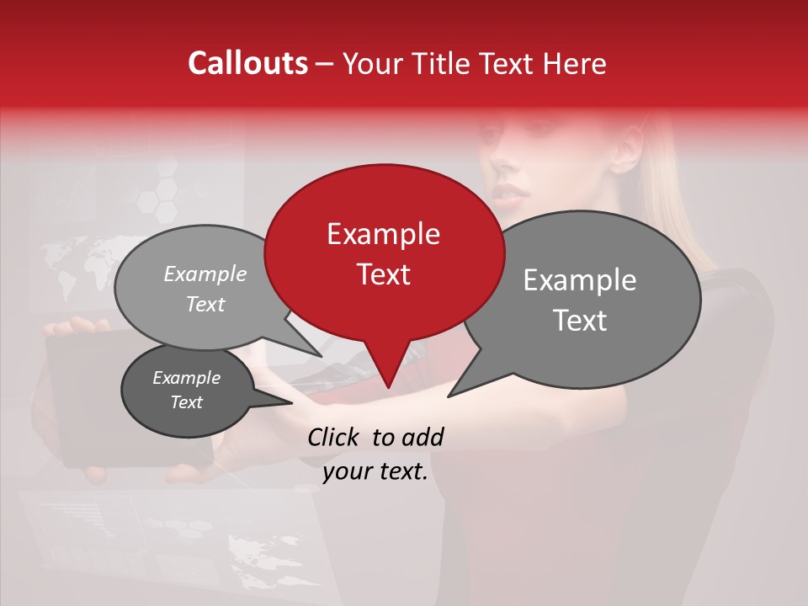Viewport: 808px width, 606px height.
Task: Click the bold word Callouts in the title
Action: [x=247, y=63]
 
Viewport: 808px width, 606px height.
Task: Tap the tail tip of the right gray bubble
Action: [x=449, y=396]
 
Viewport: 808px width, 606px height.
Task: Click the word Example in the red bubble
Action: [x=383, y=234]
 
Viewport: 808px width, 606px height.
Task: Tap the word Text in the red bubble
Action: [x=383, y=274]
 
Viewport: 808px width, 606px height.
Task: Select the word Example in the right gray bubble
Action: [x=580, y=280]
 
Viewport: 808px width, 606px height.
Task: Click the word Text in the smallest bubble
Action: [x=186, y=402]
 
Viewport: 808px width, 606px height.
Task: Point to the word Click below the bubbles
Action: [x=334, y=437]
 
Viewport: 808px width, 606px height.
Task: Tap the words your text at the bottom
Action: [x=375, y=472]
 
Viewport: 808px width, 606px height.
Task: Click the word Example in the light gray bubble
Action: [x=205, y=274]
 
